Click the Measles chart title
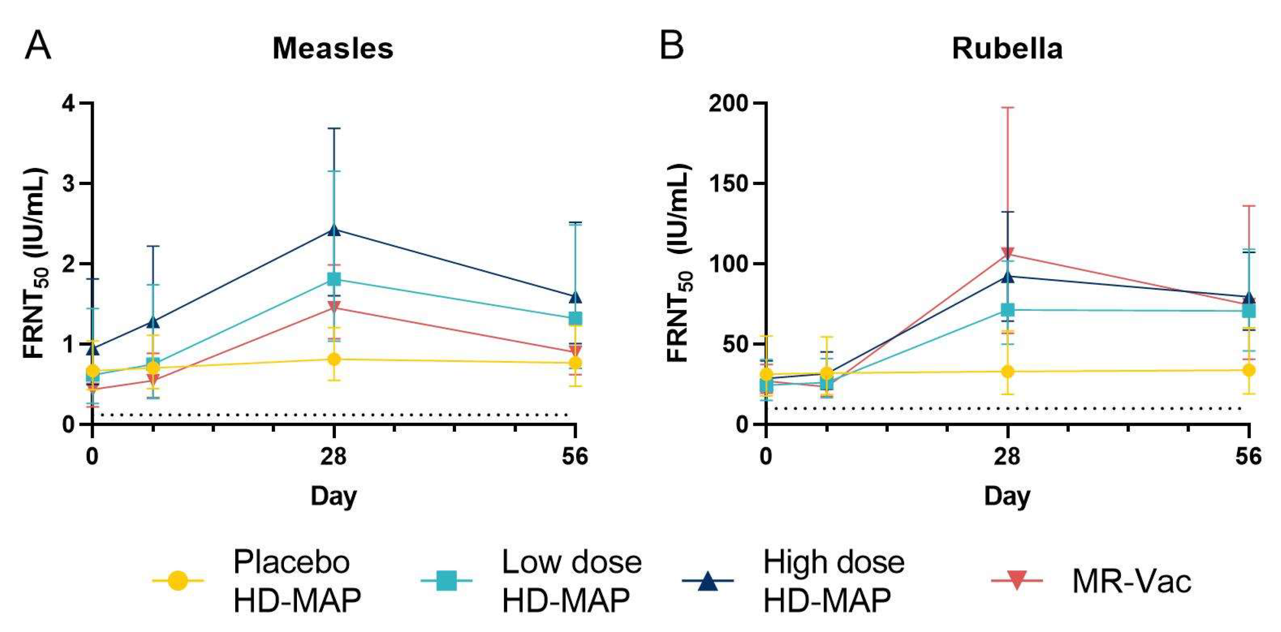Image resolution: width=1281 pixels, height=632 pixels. pos(333,49)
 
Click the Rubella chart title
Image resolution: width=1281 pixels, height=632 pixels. pos(1007,49)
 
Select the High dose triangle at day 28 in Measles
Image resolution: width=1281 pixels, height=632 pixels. pos(334,230)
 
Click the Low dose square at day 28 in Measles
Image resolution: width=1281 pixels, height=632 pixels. pos(334,279)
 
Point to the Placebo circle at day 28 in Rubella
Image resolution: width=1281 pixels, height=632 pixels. pos(1008,371)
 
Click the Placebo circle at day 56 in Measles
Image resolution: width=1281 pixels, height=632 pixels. pos(575,362)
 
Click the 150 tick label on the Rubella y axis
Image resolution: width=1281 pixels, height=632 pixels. pos(729,183)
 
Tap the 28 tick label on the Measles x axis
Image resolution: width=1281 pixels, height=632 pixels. pos(333,456)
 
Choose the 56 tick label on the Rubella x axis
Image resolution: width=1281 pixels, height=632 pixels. pos(1248,456)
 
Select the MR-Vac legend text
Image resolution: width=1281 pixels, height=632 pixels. pos(1132,581)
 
